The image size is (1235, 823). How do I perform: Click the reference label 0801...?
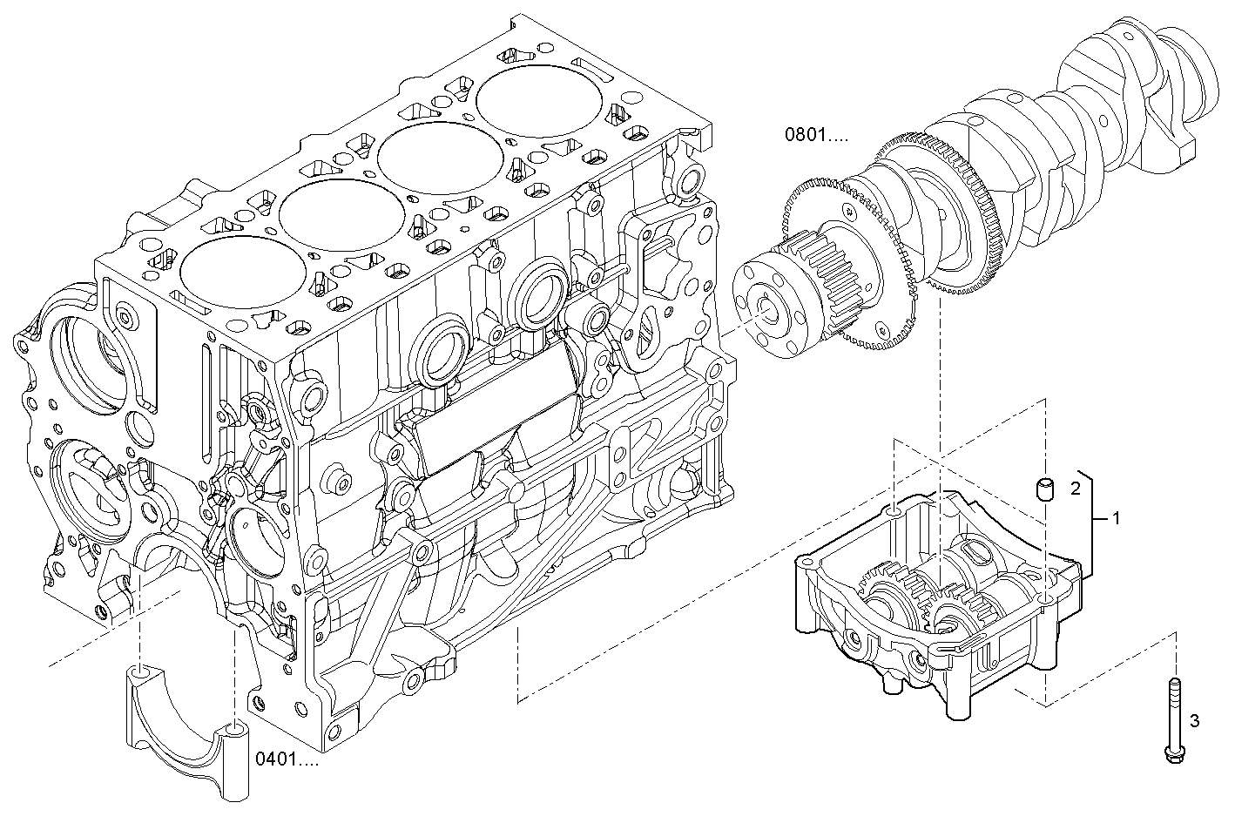click(x=815, y=135)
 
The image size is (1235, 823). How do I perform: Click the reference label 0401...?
click(x=287, y=759)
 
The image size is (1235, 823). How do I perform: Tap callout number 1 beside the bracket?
click(x=1116, y=519)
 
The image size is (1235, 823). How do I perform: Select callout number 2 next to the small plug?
click(x=1076, y=488)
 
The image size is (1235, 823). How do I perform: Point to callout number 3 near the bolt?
click(x=1194, y=720)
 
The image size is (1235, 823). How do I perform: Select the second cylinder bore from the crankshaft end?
click(x=442, y=156)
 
